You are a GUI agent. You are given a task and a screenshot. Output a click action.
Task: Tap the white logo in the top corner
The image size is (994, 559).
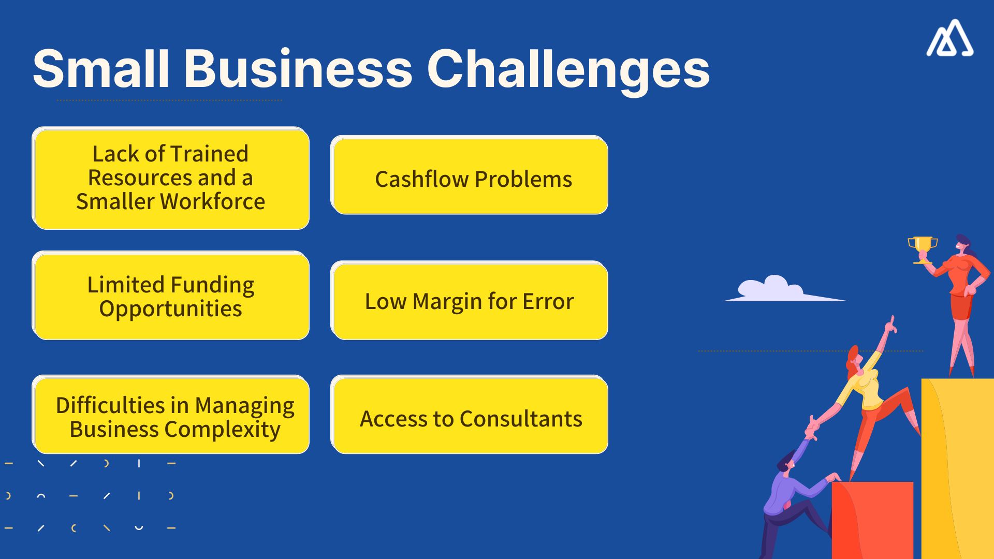pyautogui.click(x=949, y=39)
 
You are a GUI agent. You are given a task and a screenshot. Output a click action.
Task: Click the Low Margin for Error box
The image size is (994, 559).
pyautogui.click(x=469, y=301)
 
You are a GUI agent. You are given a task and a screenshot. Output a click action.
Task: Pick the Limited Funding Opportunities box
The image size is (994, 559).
pyautogui.click(x=171, y=296)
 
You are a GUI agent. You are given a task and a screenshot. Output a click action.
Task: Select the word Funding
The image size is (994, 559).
pyautogui.click(x=212, y=285)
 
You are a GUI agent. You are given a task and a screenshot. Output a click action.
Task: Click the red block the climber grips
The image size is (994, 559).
pyautogui.click(x=872, y=518)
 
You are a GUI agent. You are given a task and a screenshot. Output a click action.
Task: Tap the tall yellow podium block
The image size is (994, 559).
pyautogui.click(x=958, y=466)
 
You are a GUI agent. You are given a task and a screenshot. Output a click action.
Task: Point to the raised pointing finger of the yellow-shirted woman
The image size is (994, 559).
pyautogui.click(x=891, y=322)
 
